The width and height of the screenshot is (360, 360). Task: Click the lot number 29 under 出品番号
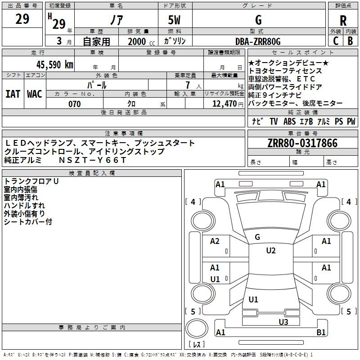(22, 19)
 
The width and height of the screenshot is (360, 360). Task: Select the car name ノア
(116, 20)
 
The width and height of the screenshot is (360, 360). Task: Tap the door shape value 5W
(175, 20)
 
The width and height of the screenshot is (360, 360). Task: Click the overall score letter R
(343, 21)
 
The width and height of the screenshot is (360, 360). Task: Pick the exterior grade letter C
(336, 41)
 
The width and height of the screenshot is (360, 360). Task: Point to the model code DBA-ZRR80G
(258, 42)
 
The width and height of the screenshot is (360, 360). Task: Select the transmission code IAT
(13, 94)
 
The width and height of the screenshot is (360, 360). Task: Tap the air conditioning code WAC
(34, 94)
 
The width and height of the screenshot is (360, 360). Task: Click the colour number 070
(74, 104)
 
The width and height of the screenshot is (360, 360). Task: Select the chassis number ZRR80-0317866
(302, 143)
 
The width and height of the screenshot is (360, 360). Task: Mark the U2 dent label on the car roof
(270, 251)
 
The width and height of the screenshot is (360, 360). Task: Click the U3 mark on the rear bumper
(283, 321)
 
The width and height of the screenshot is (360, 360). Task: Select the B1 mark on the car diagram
(321, 333)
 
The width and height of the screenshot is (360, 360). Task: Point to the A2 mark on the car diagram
(215, 241)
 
